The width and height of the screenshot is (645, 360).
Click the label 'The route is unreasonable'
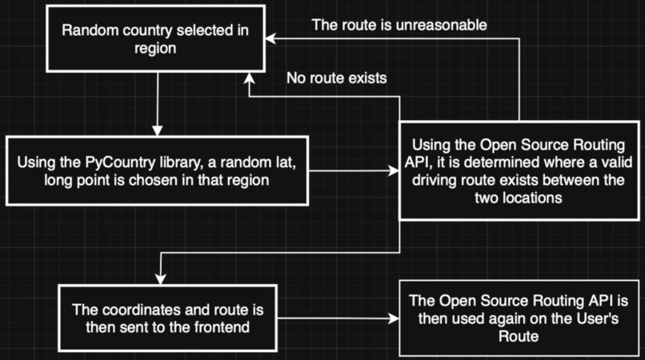399,24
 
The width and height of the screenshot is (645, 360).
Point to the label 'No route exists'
337,78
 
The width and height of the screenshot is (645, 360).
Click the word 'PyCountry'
135,163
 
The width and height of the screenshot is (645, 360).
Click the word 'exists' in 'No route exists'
369,78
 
